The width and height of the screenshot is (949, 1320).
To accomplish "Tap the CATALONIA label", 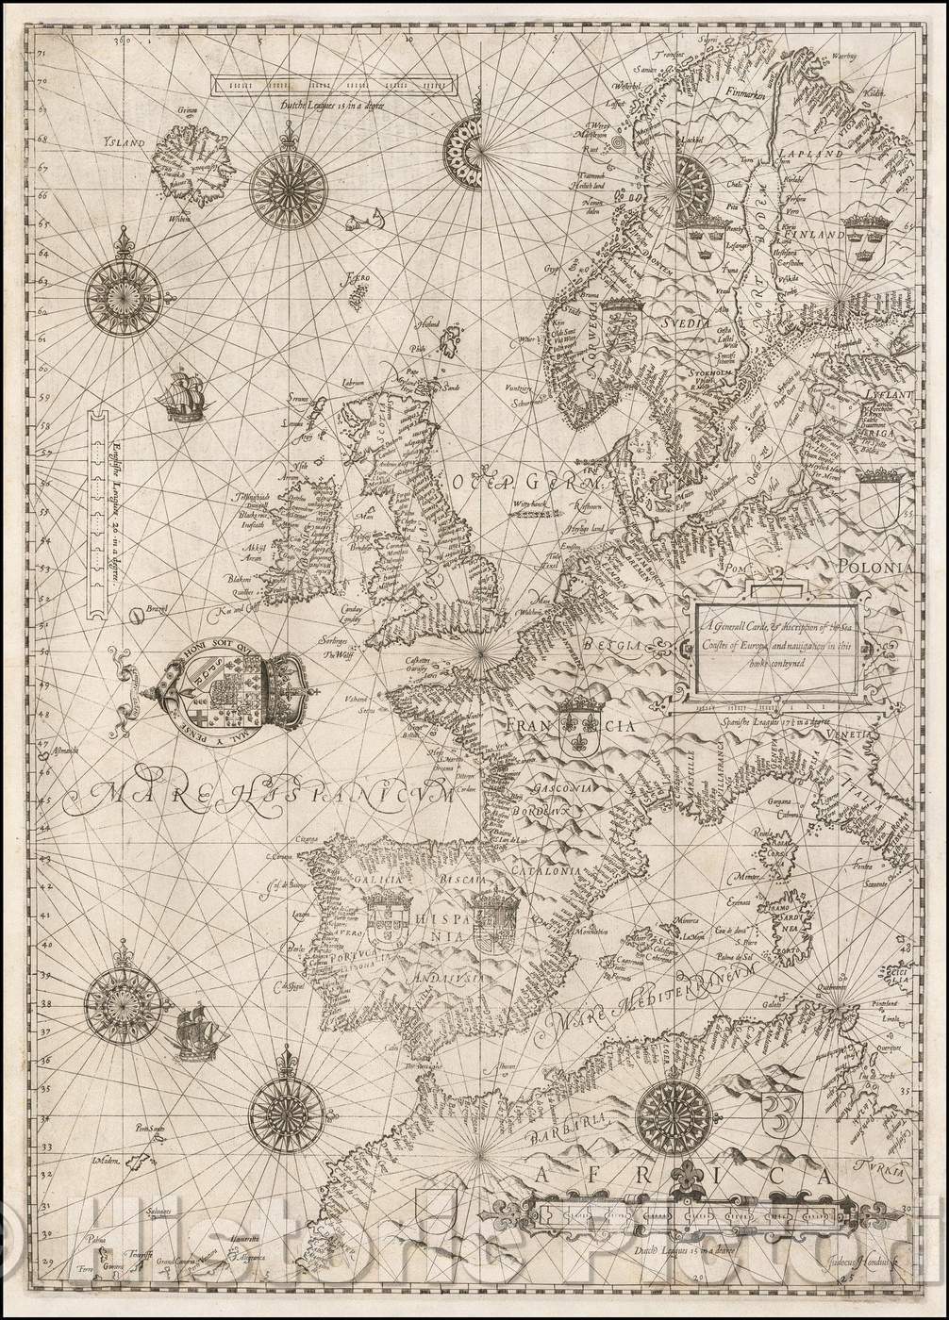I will [545, 860].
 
